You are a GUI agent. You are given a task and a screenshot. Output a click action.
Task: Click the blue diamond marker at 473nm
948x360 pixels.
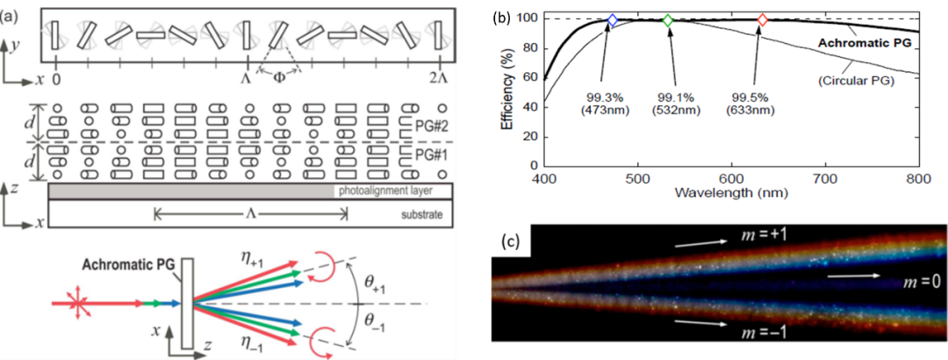pyautogui.click(x=613, y=20)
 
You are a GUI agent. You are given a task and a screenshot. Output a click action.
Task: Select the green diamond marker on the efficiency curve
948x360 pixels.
pyautogui.click(x=668, y=20)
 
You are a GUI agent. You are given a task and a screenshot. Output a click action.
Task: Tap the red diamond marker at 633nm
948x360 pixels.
pyautogui.click(x=763, y=20)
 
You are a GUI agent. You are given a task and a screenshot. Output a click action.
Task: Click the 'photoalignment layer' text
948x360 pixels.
pyautogui.click(x=385, y=191)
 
